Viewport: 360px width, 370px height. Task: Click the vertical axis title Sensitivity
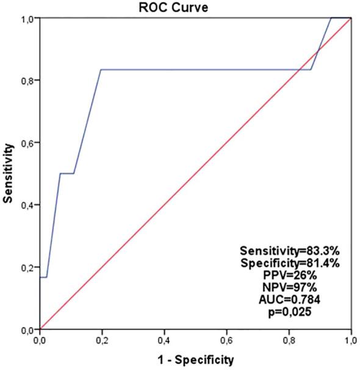[x=9, y=174]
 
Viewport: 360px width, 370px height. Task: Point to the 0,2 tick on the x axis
[x=103, y=337]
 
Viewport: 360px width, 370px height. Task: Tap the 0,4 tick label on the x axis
[x=165, y=337]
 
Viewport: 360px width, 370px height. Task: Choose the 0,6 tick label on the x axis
[x=227, y=337]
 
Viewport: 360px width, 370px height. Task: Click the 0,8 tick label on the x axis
[x=289, y=337]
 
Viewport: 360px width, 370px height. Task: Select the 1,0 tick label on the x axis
[x=351, y=337]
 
